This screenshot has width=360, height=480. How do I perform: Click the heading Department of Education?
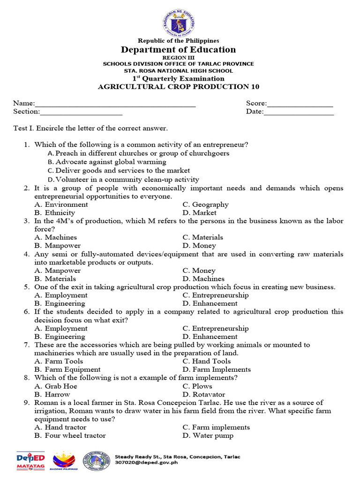179,50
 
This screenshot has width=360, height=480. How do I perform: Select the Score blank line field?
300,104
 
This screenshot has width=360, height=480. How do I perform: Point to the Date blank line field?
299,112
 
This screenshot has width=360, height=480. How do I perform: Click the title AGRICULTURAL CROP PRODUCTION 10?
178,87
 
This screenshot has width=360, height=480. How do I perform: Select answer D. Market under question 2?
199,213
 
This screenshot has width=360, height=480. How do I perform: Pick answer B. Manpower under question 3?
58,246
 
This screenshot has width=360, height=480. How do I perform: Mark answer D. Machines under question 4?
203,279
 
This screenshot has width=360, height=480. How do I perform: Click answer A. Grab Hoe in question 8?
56,386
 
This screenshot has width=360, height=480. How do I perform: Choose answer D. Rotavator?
204,395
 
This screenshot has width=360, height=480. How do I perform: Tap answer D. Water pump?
208,435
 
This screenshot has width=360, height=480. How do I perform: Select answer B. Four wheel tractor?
70,435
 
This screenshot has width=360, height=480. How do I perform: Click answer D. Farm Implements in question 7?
217,369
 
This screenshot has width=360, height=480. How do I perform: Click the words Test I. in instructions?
23,128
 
